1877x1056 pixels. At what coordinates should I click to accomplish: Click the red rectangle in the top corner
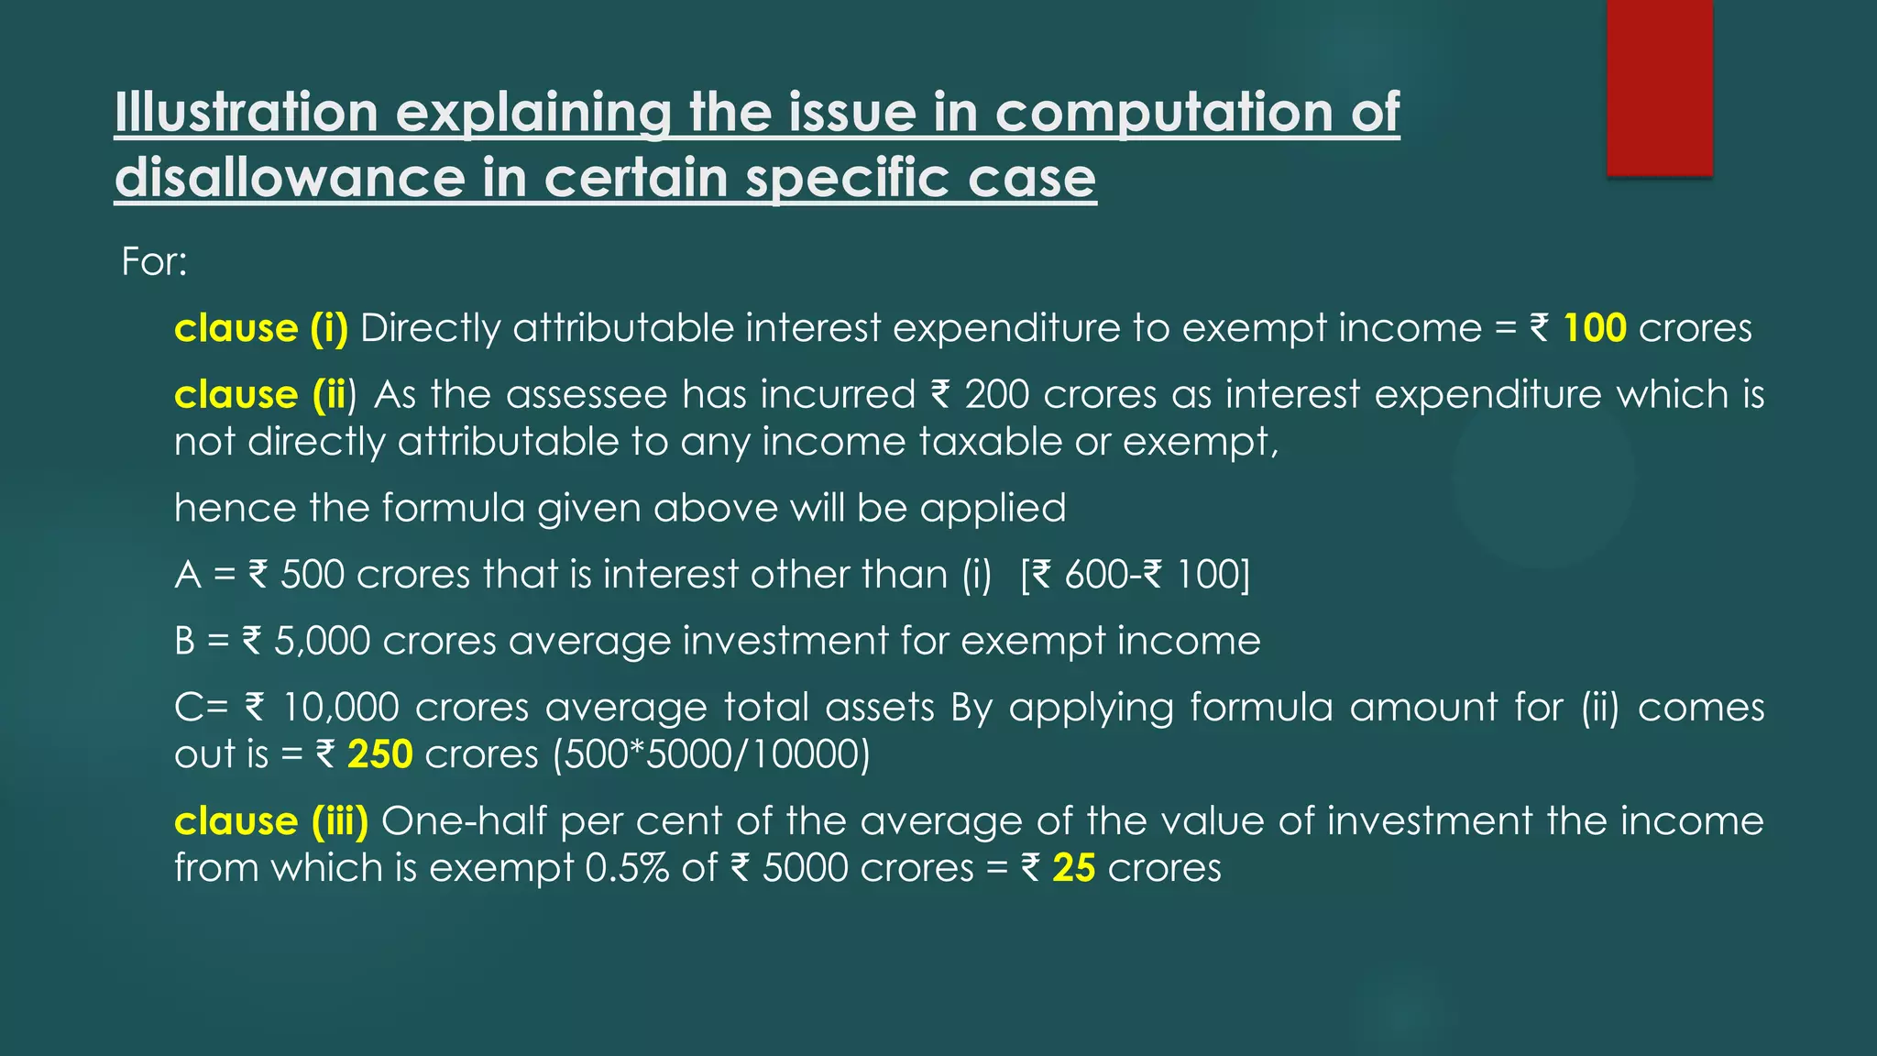pyautogui.click(x=1659, y=87)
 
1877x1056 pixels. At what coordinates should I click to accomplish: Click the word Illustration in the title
pyautogui.click(x=247, y=112)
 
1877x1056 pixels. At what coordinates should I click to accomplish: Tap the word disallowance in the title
pyautogui.click(x=291, y=177)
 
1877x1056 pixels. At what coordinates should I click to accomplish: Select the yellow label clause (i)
pyautogui.click(x=261, y=328)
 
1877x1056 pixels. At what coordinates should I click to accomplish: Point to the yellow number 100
pyautogui.click(x=1595, y=328)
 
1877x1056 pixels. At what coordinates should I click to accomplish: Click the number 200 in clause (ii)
pyautogui.click(x=997, y=395)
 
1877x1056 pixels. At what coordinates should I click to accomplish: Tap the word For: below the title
pyautogui.click(x=154, y=262)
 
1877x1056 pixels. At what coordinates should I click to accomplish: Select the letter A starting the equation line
pyautogui.click(x=188, y=575)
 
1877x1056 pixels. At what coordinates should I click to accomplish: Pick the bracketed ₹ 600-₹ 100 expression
pyautogui.click(x=1135, y=575)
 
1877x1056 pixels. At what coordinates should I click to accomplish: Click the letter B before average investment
pyautogui.click(x=185, y=641)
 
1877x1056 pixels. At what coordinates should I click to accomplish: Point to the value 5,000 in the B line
pyautogui.click(x=322, y=641)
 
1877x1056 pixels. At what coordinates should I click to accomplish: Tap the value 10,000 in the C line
pyautogui.click(x=340, y=708)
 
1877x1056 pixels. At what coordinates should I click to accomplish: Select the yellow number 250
pyautogui.click(x=379, y=754)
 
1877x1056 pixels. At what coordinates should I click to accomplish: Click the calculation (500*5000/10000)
pyautogui.click(x=711, y=754)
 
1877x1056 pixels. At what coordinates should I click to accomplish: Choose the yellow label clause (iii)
pyautogui.click(x=271, y=821)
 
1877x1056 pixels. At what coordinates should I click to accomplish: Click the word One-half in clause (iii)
pyautogui.click(x=465, y=821)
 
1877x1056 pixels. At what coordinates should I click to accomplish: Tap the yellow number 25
pyautogui.click(x=1073, y=868)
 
